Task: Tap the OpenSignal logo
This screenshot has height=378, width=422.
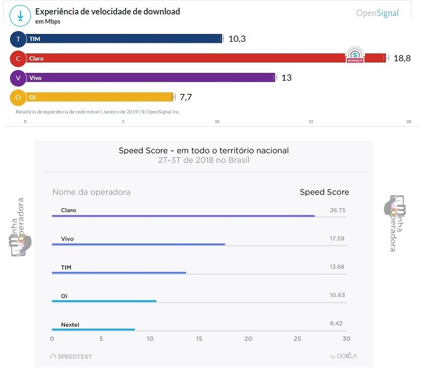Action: click(377, 13)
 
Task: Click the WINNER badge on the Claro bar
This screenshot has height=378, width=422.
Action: click(354, 55)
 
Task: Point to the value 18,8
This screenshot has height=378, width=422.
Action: click(401, 58)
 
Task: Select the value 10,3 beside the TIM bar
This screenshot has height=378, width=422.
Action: click(237, 39)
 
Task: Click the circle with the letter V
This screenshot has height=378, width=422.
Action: click(18, 78)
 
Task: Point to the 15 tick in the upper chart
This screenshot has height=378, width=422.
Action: click(311, 122)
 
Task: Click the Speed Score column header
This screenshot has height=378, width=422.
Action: click(324, 192)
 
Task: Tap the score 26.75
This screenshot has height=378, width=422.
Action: click(337, 211)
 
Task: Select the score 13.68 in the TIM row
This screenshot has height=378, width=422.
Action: click(336, 267)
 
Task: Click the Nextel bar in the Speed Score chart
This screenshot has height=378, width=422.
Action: click(93, 330)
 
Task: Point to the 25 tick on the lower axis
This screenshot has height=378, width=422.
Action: click(297, 339)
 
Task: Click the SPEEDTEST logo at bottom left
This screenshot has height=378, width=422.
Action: click(71, 356)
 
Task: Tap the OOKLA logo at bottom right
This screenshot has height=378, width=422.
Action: click(343, 356)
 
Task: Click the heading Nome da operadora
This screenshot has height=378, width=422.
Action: click(91, 192)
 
